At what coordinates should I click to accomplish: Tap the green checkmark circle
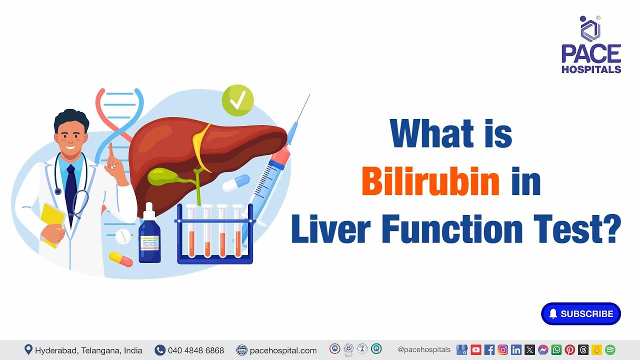[x=237, y=100]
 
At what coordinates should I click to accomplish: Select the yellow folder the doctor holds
[x=52, y=222]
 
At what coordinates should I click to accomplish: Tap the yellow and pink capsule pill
[x=120, y=259]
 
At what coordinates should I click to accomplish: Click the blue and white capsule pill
[x=236, y=182]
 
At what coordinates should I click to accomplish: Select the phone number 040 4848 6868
[x=196, y=350]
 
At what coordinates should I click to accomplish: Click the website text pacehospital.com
[x=282, y=350]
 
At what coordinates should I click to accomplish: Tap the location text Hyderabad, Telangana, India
[x=88, y=350]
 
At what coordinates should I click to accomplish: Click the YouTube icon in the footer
[x=475, y=350]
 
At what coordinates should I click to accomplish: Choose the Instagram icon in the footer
[x=502, y=350]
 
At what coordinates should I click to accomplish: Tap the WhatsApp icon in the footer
[x=556, y=350]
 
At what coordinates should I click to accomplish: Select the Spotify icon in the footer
[x=610, y=350]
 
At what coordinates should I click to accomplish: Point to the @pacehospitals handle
[x=424, y=350]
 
